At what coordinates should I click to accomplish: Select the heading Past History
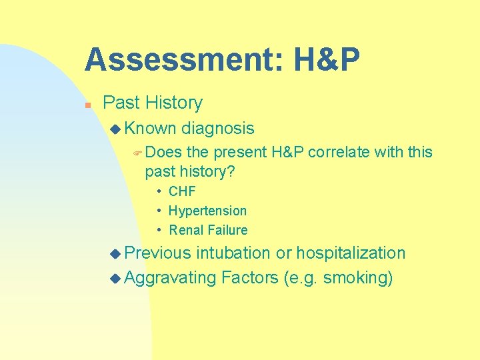pyautogui.click(x=153, y=103)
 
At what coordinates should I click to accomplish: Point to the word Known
pyautogui.click(x=150, y=128)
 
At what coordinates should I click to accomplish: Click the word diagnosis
pyautogui.click(x=218, y=128)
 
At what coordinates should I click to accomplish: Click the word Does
pyautogui.click(x=163, y=152)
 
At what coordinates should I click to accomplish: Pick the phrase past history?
pyautogui.click(x=190, y=171)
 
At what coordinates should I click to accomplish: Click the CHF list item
pyautogui.click(x=182, y=191)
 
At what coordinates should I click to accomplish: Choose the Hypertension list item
pyautogui.click(x=207, y=211)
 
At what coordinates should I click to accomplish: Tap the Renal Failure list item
pyautogui.click(x=208, y=230)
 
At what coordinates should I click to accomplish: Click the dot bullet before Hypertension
pyautogui.click(x=161, y=211)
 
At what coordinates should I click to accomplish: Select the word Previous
pyautogui.click(x=158, y=253)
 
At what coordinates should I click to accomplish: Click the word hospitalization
pyautogui.click(x=351, y=253)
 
